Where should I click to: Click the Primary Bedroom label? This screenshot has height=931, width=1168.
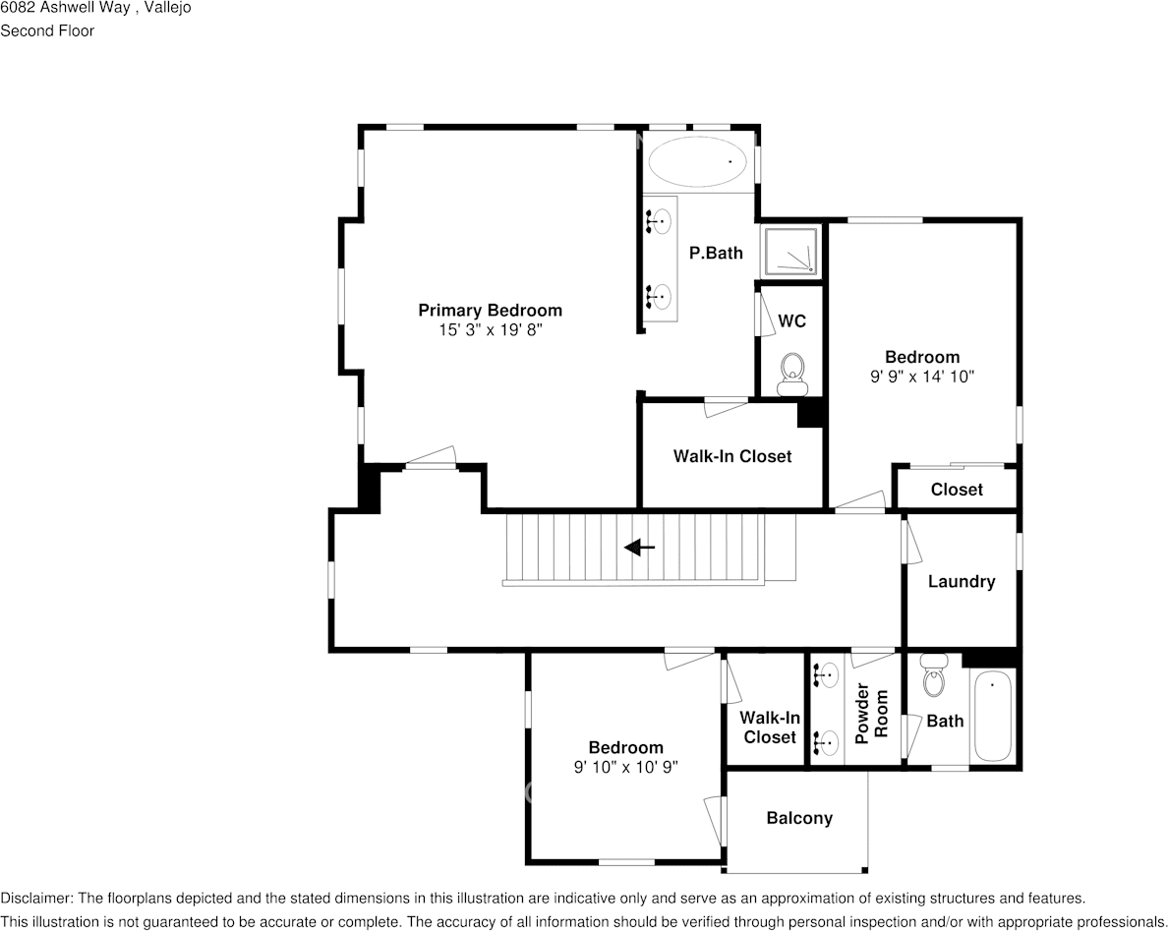(490, 310)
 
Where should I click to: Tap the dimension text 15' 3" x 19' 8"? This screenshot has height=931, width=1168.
(490, 331)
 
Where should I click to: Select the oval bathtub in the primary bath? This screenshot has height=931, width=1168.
(697, 161)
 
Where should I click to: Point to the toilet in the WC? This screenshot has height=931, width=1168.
(791, 375)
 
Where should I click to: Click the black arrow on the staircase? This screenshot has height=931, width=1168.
(639, 548)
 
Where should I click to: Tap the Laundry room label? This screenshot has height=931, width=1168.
(961, 581)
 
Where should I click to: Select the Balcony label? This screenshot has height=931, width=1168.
(798, 818)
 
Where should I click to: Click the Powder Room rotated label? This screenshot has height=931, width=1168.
(872, 713)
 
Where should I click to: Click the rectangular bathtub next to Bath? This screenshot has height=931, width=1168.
(992, 715)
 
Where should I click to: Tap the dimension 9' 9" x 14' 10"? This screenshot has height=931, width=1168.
(921, 377)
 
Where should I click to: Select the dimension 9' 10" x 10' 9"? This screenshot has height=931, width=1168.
(625, 767)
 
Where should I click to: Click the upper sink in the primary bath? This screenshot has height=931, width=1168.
(660, 221)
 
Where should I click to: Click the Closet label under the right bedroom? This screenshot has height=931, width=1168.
(956, 489)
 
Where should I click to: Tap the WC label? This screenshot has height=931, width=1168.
(791, 321)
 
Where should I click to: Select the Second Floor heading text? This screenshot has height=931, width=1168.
(47, 30)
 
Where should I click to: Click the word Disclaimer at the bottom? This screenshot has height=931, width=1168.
(35, 898)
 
